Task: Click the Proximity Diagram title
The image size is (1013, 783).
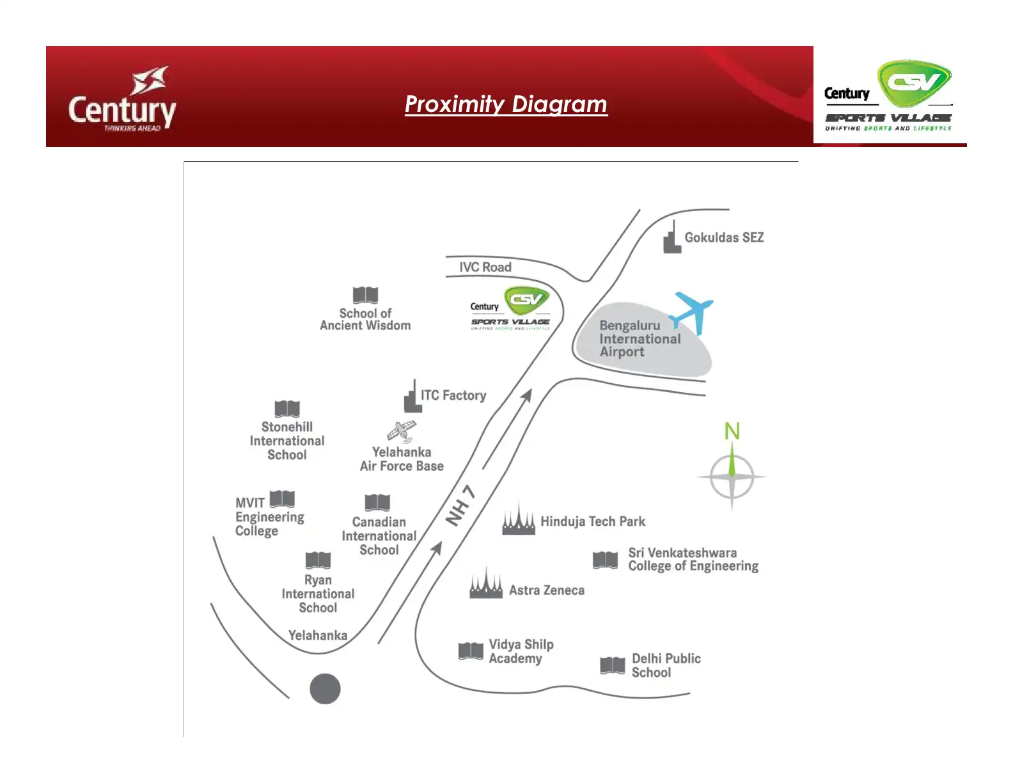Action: click(506, 104)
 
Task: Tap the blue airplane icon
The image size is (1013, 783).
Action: click(691, 313)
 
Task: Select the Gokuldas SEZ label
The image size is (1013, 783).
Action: click(723, 237)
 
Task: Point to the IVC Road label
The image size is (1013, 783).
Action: click(485, 267)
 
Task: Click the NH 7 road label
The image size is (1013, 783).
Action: click(461, 505)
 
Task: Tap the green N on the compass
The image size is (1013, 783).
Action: click(732, 431)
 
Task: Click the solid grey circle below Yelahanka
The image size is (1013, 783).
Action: click(325, 688)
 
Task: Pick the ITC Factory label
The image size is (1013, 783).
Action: click(453, 395)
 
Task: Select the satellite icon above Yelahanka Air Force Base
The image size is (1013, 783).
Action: click(402, 432)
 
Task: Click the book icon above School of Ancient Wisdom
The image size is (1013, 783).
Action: click(365, 295)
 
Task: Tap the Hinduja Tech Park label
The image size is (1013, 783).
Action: click(592, 521)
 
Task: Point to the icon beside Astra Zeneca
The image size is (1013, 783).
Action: click(486, 583)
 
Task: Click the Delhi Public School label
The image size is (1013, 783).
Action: click(666, 665)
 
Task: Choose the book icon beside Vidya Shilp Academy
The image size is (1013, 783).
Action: click(471, 651)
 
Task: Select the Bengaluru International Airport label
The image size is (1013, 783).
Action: click(640, 338)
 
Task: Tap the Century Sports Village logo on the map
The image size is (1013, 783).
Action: click(510, 308)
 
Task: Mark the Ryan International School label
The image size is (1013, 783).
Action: click(318, 594)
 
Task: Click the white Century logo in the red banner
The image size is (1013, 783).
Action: click(122, 99)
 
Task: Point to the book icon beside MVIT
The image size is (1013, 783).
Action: click(282, 499)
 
